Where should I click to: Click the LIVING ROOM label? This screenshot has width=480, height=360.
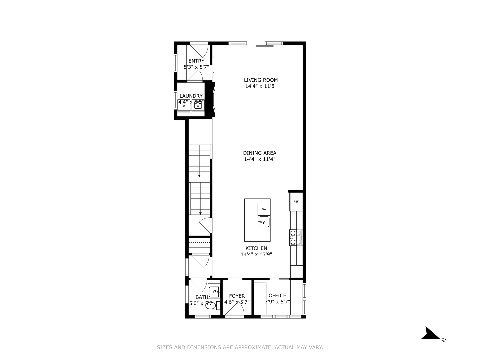pos(261,80)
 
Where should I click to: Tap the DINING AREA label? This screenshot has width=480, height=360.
pos(260,153)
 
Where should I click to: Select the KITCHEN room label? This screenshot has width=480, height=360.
pos(256,248)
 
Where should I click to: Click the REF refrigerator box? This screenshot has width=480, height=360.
pos(296,202)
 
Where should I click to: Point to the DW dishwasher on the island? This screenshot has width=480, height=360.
pos(264,209)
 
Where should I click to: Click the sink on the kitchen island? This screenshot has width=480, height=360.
pos(264,222)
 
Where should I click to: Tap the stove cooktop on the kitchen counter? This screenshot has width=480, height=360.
pos(296,238)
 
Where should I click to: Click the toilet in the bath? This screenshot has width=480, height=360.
pos(212,305)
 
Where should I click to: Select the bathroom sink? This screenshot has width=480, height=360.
pos(214,291)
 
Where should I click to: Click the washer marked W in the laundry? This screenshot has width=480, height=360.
pos(198,105)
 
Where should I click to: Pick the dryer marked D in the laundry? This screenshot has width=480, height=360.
pos(184,105)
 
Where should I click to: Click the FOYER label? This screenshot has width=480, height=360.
pos(237,296)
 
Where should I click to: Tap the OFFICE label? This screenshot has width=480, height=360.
pos(277,296)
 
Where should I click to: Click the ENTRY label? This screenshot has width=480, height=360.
pos(196,61)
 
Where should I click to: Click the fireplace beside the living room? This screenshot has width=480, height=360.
pos(211,99)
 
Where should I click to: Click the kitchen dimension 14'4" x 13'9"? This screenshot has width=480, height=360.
pos(256,255)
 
